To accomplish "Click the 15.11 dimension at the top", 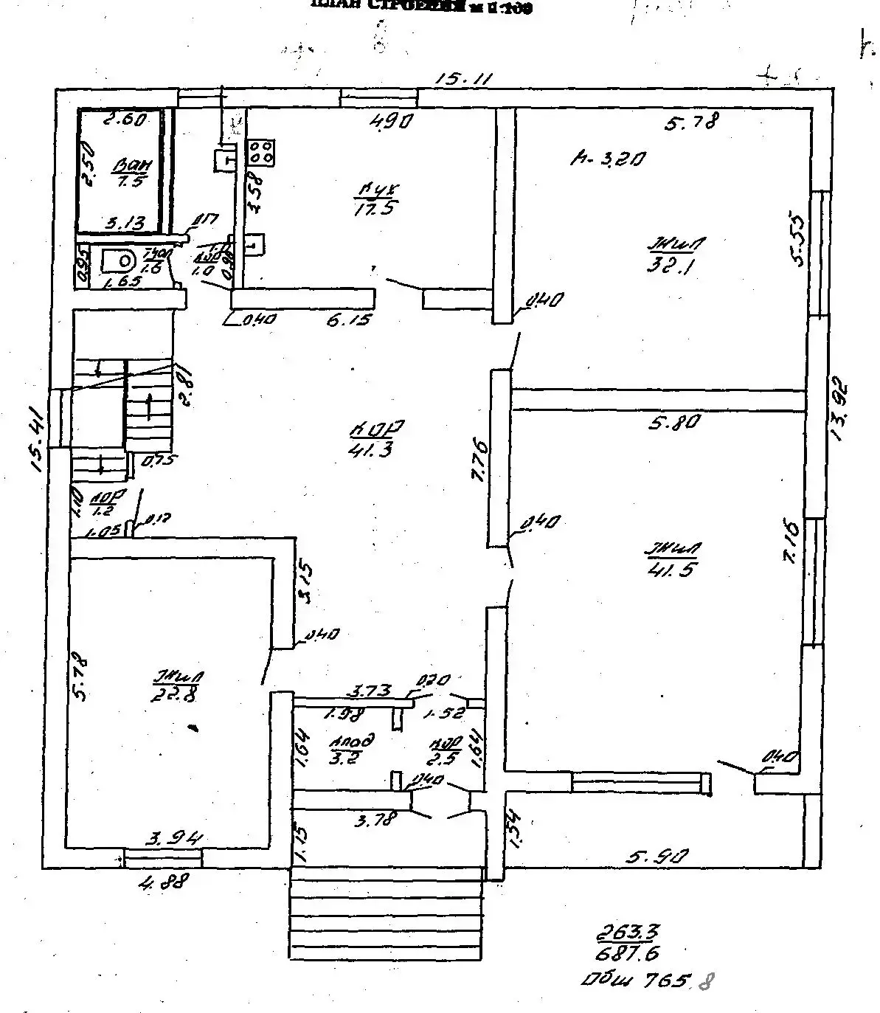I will click(462, 78).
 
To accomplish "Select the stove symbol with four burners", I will click(260, 153).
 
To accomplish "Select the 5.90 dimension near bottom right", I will click(658, 857).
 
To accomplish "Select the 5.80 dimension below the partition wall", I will click(673, 423).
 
